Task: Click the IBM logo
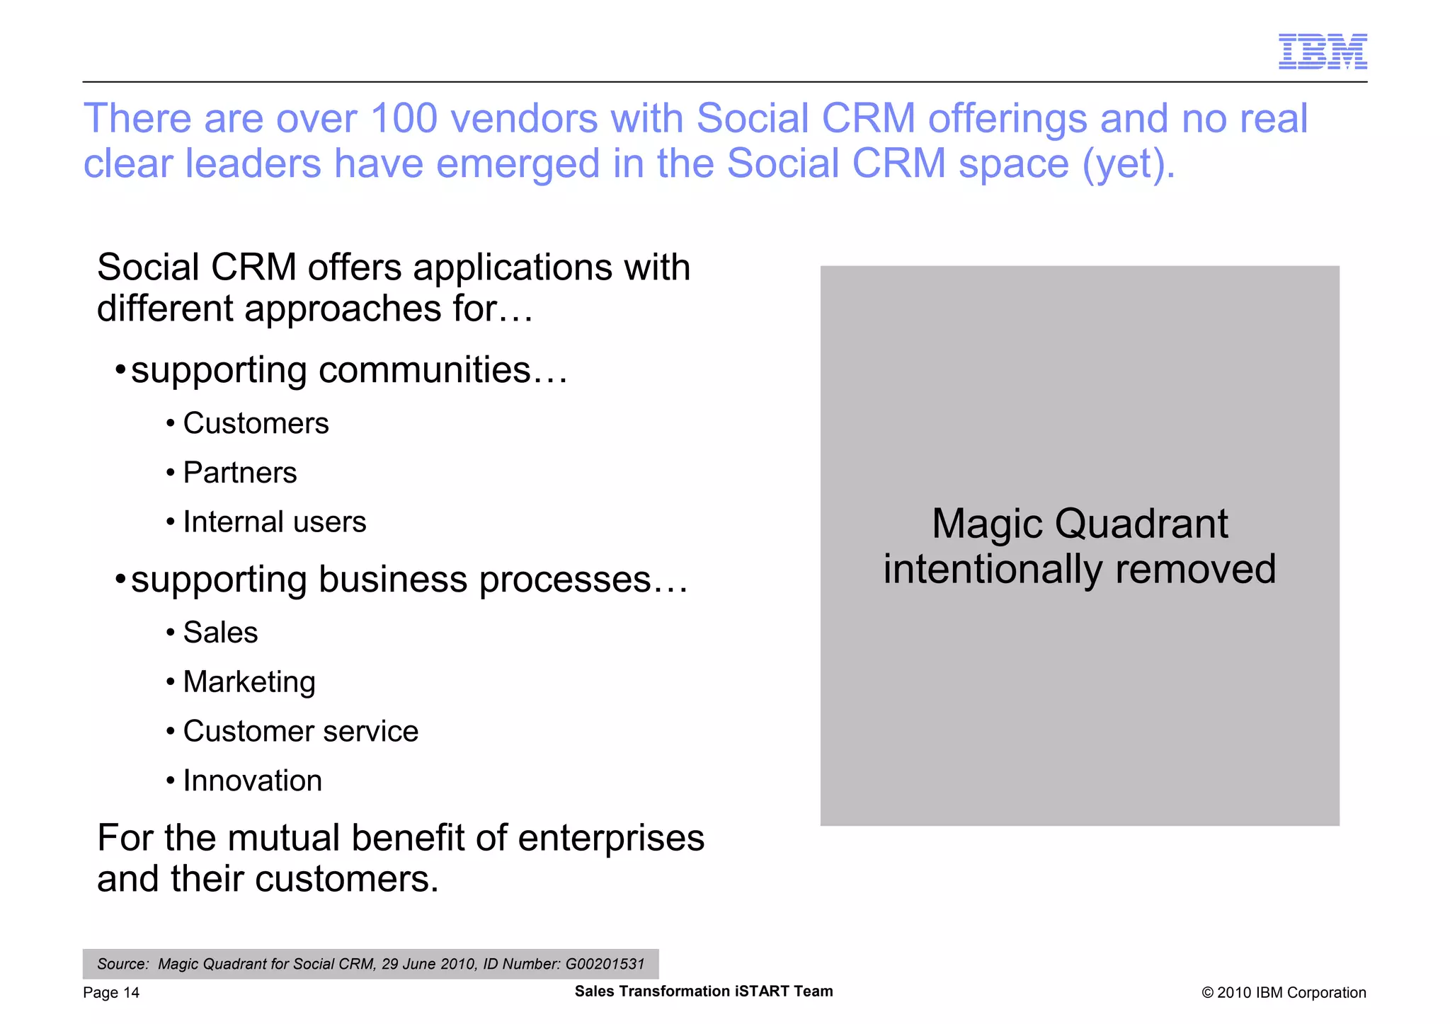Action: (1322, 52)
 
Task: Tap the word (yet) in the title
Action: (1129, 164)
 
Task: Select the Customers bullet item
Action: (256, 423)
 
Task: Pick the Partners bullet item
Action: (239, 473)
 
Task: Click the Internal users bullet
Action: (274, 522)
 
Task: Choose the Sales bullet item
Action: (220, 633)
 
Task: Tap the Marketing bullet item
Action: (249, 682)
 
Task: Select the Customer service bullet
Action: (300, 732)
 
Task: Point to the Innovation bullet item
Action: (252, 781)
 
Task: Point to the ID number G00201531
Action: (605, 964)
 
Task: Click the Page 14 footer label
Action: (111, 993)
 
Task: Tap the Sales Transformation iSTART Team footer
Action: (703, 991)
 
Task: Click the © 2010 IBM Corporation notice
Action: (1283, 993)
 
